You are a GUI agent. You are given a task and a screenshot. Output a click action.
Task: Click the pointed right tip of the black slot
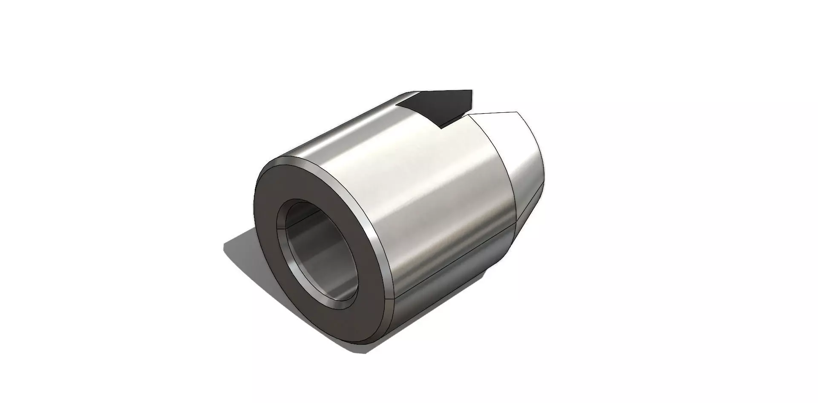[x=472, y=91]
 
